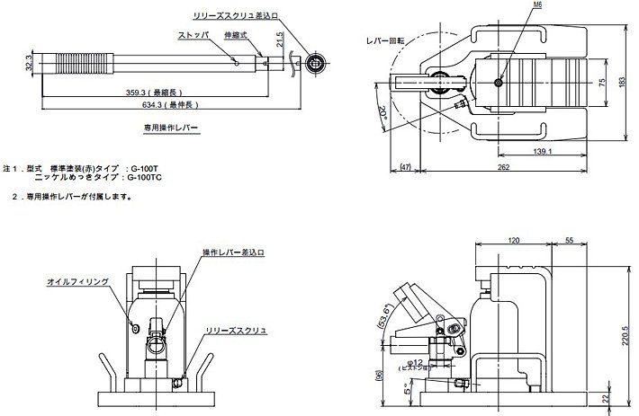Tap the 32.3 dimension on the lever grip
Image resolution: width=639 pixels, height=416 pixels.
coord(31,66)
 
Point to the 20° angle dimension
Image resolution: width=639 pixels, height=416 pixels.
coord(382,113)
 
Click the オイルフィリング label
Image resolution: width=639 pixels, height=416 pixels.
coord(78,281)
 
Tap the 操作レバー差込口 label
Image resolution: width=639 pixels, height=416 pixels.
coord(232,252)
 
